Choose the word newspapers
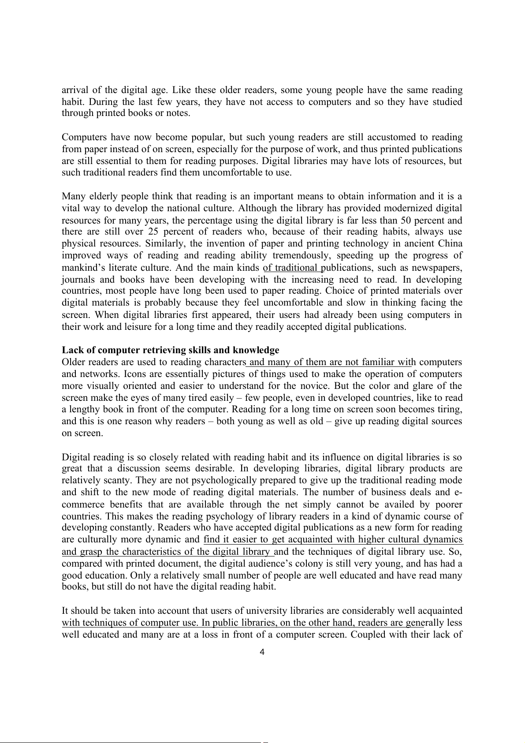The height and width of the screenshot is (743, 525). pyautogui.click(x=438, y=268)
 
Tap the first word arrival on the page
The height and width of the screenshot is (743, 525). pyautogui.click(x=73, y=90)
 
